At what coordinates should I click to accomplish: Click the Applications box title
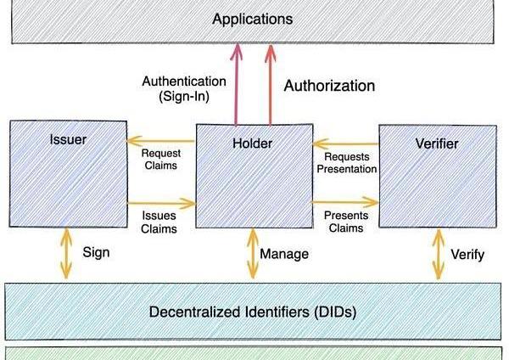coord(252,19)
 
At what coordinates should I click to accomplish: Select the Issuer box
coord(68,174)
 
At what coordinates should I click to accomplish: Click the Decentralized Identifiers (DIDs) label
coord(252,312)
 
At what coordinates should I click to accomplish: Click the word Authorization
coord(329,86)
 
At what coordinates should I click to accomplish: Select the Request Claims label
coord(159,159)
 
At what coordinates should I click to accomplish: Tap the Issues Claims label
coord(159,222)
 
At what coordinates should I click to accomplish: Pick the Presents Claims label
coord(345,222)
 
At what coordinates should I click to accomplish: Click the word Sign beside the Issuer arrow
coord(97,252)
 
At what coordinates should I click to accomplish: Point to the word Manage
coord(284,254)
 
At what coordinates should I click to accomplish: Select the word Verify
coord(467,254)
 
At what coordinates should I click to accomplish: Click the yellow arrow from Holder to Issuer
coord(161,142)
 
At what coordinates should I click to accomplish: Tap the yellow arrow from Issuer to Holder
coord(161,204)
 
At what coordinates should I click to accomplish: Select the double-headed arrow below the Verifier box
coord(438,254)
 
